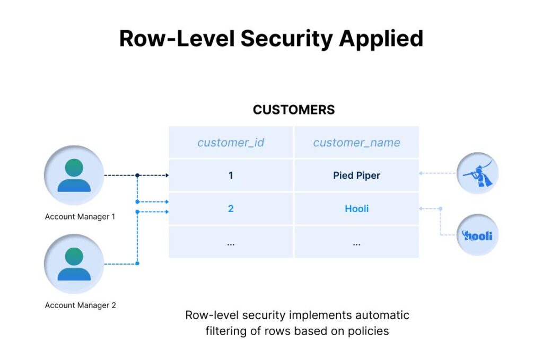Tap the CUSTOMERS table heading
click(x=294, y=110)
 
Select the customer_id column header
click(x=231, y=143)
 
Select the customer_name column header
click(x=356, y=143)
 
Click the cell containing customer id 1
click(x=231, y=175)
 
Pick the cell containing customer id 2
click(x=231, y=209)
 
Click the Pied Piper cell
click(x=356, y=175)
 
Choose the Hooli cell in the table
click(x=356, y=209)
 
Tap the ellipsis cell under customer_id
click(x=231, y=242)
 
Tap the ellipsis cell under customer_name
click(x=356, y=242)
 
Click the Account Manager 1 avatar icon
click(x=74, y=175)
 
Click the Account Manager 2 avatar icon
click(x=74, y=264)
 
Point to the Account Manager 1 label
click(x=80, y=217)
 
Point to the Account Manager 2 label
click(x=80, y=305)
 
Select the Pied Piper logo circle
click(x=477, y=174)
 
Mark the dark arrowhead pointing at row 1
click(x=167, y=175)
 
